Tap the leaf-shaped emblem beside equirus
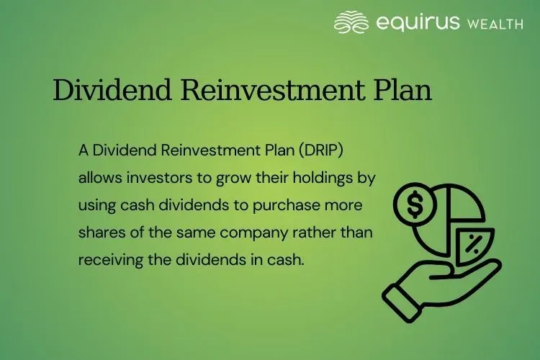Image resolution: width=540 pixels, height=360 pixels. (x=352, y=22)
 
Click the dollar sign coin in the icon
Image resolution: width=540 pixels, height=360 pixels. (x=415, y=204)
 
